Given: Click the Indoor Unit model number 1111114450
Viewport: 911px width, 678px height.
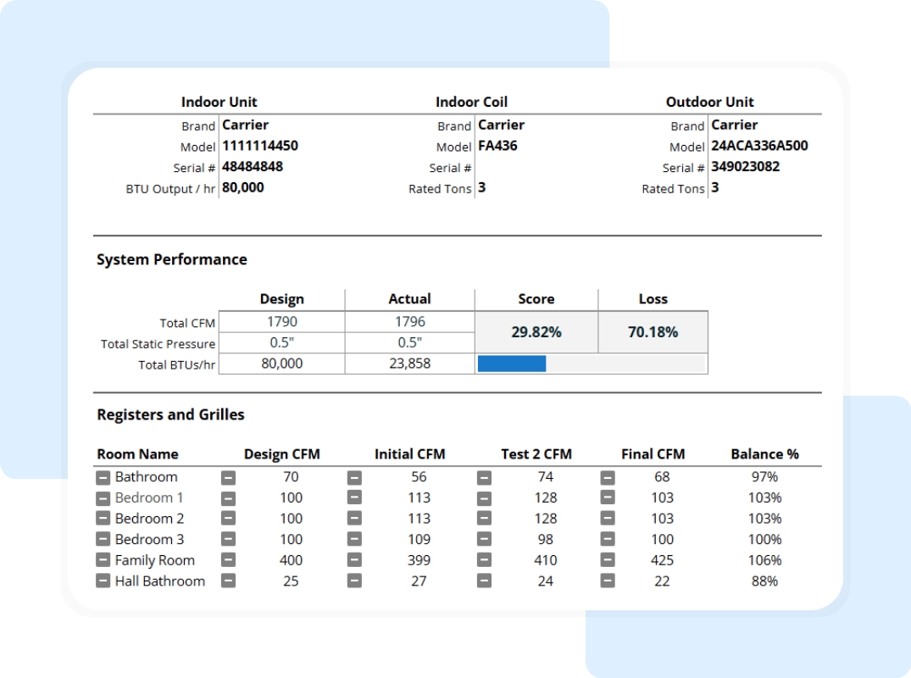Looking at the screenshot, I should point(260,146).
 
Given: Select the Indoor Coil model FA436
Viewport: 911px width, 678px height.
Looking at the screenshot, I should point(497,146).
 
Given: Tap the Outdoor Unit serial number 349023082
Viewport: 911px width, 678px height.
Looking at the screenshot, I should point(745,167).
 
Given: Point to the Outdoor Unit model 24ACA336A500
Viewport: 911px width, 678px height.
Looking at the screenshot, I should point(759,146).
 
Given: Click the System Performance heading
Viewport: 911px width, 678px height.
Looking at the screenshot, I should point(172,260).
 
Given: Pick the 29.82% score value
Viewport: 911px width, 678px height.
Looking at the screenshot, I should point(536,332).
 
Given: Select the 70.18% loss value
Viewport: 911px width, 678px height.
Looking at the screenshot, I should point(653,332).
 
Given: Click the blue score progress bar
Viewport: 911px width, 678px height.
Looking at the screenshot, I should point(512,364).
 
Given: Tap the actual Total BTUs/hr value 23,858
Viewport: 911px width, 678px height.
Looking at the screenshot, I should point(409,364).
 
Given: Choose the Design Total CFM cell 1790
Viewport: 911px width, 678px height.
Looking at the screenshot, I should point(282,322).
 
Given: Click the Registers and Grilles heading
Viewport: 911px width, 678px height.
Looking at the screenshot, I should point(170,415).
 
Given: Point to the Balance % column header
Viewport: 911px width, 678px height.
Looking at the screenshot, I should point(764,454).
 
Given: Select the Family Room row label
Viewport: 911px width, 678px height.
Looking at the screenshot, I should point(155,560).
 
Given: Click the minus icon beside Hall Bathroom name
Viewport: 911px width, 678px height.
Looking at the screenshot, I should point(103,581).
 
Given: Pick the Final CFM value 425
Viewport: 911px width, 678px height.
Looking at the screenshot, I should point(662,560).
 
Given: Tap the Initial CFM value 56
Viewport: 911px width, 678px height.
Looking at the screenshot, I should point(419,477).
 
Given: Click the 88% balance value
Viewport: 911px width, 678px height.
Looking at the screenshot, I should point(764,581).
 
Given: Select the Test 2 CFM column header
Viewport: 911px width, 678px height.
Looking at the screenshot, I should point(536,454).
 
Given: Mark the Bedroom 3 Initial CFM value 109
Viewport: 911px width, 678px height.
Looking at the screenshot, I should point(419,540).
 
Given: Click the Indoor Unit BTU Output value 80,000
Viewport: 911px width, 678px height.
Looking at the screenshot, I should point(243,188).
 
